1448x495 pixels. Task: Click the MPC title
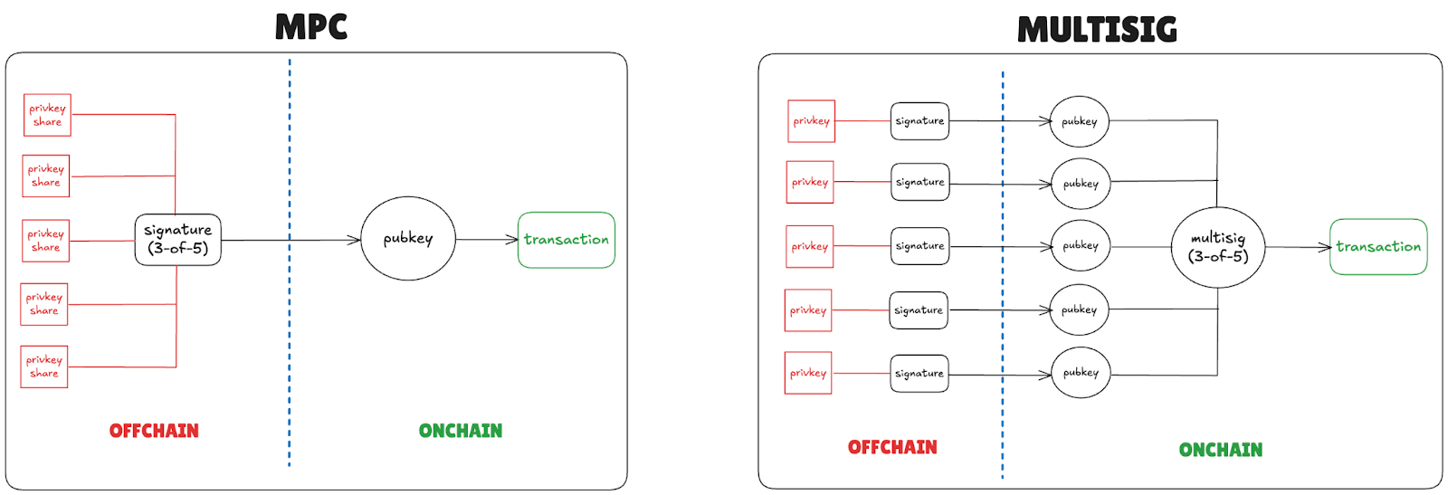coord(310,27)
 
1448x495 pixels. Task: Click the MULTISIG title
coord(1097,30)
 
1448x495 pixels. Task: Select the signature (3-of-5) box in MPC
coord(177,240)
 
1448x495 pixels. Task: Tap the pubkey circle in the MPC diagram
coord(408,239)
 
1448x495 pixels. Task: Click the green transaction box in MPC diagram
coord(567,240)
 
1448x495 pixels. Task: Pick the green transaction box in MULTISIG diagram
coord(1378,246)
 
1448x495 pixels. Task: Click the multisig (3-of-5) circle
coord(1217,247)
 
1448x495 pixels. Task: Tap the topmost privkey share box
coord(47,115)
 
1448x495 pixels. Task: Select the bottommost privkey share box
coord(44,366)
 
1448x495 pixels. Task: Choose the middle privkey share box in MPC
coord(45,240)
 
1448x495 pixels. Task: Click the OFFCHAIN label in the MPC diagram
coord(154,431)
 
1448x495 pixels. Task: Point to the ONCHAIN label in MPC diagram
coord(460,431)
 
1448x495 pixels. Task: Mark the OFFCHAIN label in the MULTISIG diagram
coord(892,447)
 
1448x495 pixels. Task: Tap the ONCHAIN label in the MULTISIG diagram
coord(1220,450)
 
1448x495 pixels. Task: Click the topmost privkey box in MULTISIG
coord(811,121)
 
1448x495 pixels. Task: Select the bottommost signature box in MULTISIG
coord(919,373)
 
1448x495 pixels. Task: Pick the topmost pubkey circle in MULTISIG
coord(1080,121)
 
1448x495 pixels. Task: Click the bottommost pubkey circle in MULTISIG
coord(1081,372)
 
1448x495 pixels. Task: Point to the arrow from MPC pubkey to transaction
coord(487,240)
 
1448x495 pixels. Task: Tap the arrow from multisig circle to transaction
coord(1298,247)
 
